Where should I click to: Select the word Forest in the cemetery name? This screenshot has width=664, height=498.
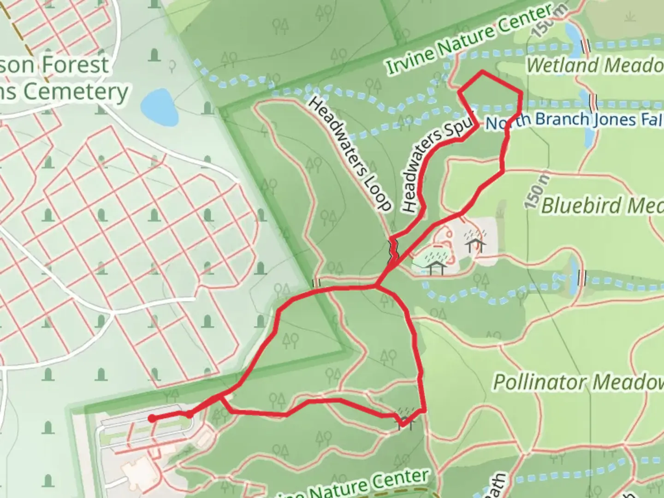76,65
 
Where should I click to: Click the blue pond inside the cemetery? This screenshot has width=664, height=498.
159,107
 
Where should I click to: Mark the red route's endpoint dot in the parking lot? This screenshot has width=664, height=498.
151,418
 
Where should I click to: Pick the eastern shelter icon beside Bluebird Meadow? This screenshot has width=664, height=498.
476,242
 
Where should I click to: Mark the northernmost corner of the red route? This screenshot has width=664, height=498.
482,71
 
